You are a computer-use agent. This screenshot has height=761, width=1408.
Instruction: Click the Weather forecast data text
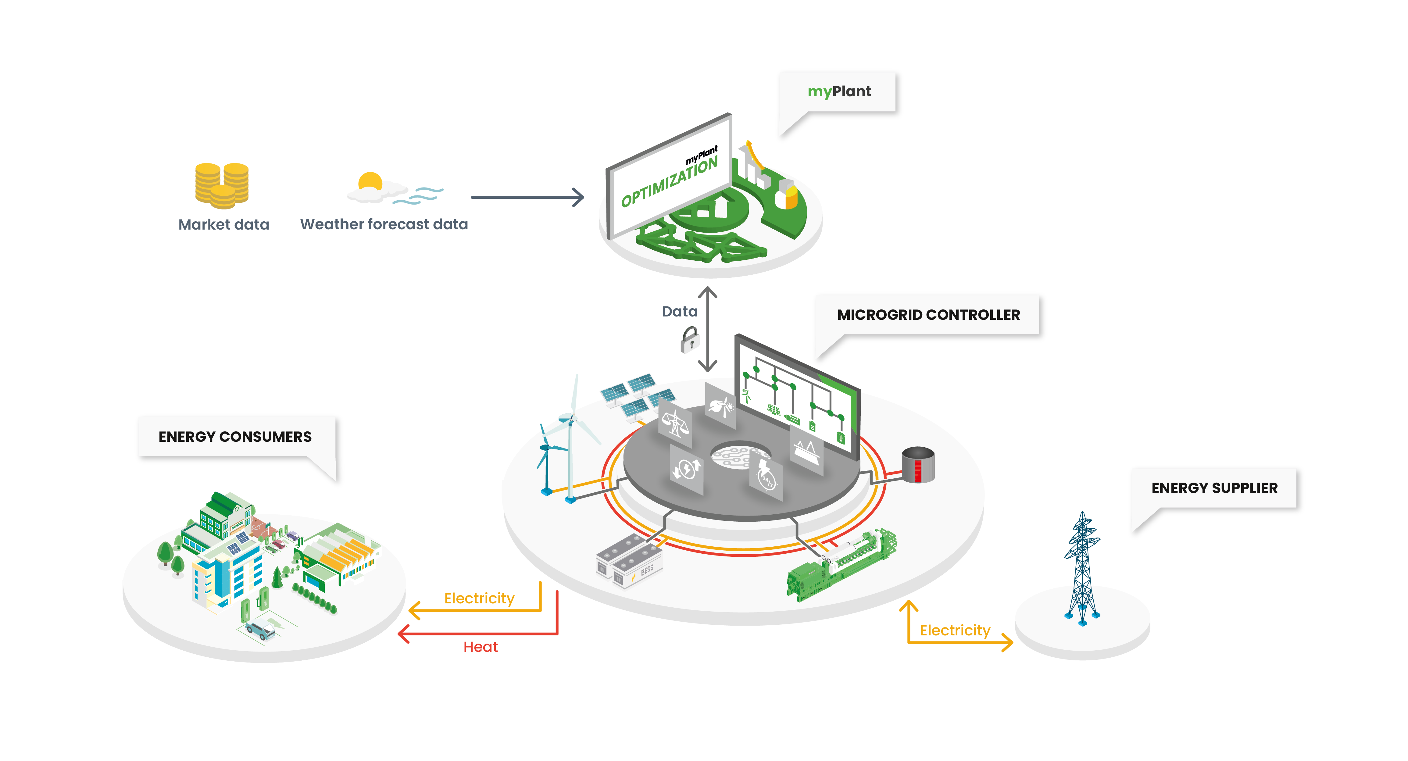[384, 224]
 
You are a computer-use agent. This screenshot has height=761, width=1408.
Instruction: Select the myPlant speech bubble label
[839, 91]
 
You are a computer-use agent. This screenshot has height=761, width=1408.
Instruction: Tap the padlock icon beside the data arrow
[690, 340]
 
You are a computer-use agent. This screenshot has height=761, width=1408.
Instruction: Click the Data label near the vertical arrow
[679, 312]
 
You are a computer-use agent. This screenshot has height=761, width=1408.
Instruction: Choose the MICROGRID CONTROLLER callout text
[928, 315]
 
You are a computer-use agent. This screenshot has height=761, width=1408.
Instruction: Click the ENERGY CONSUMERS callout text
[235, 437]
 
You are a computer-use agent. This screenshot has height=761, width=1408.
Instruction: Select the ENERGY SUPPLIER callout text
[1214, 488]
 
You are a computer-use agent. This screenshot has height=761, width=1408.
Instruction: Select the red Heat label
[481, 647]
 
